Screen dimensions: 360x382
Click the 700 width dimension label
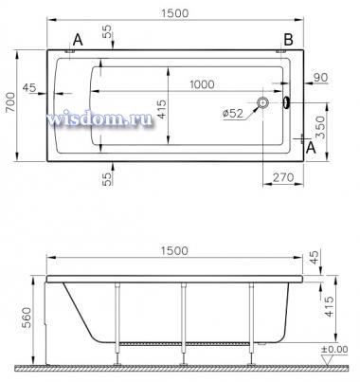click(x=10, y=102)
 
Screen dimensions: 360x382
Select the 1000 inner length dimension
click(x=202, y=84)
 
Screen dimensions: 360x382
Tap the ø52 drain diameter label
click(x=233, y=113)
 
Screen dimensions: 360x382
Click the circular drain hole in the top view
click(x=262, y=102)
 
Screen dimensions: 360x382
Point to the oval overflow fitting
click(x=286, y=102)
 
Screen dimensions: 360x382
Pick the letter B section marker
click(x=288, y=40)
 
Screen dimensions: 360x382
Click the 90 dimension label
click(x=321, y=78)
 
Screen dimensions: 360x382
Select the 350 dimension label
click(x=320, y=127)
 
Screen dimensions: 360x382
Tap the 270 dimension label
click(x=283, y=177)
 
